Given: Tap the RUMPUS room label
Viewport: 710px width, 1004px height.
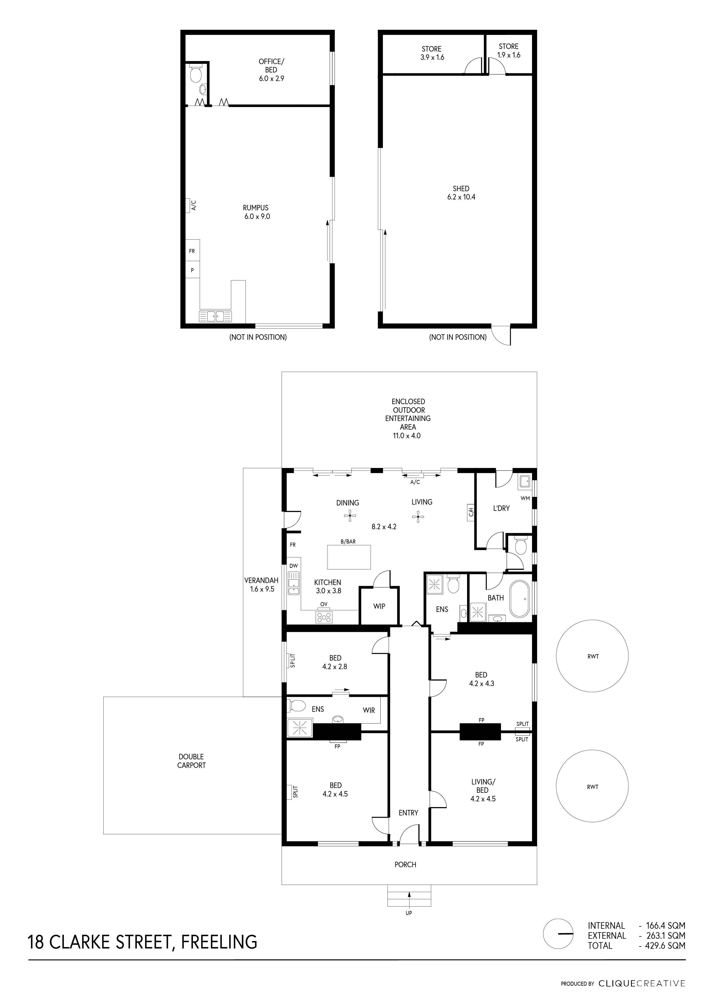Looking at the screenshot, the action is click(256, 208).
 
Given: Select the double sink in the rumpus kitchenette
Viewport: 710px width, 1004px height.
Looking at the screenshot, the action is click(215, 316).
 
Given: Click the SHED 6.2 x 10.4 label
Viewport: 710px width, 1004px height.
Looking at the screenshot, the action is click(461, 193).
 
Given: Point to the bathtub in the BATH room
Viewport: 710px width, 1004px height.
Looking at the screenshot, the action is click(520, 599).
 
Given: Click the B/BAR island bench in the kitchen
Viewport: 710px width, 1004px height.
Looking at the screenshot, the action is click(349, 557).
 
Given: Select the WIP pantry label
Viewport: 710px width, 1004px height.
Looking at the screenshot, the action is click(379, 606).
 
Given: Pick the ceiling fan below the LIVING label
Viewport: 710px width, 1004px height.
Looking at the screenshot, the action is click(418, 518).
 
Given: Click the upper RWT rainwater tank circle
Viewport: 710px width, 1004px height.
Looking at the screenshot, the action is click(592, 656).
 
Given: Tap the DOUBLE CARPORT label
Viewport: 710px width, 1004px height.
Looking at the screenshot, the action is click(191, 761).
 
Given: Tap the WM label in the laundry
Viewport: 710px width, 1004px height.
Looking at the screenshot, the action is click(525, 498).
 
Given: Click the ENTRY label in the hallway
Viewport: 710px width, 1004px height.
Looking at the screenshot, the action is click(408, 813).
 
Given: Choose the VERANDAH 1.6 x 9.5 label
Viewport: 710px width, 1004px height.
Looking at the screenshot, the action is click(262, 585).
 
